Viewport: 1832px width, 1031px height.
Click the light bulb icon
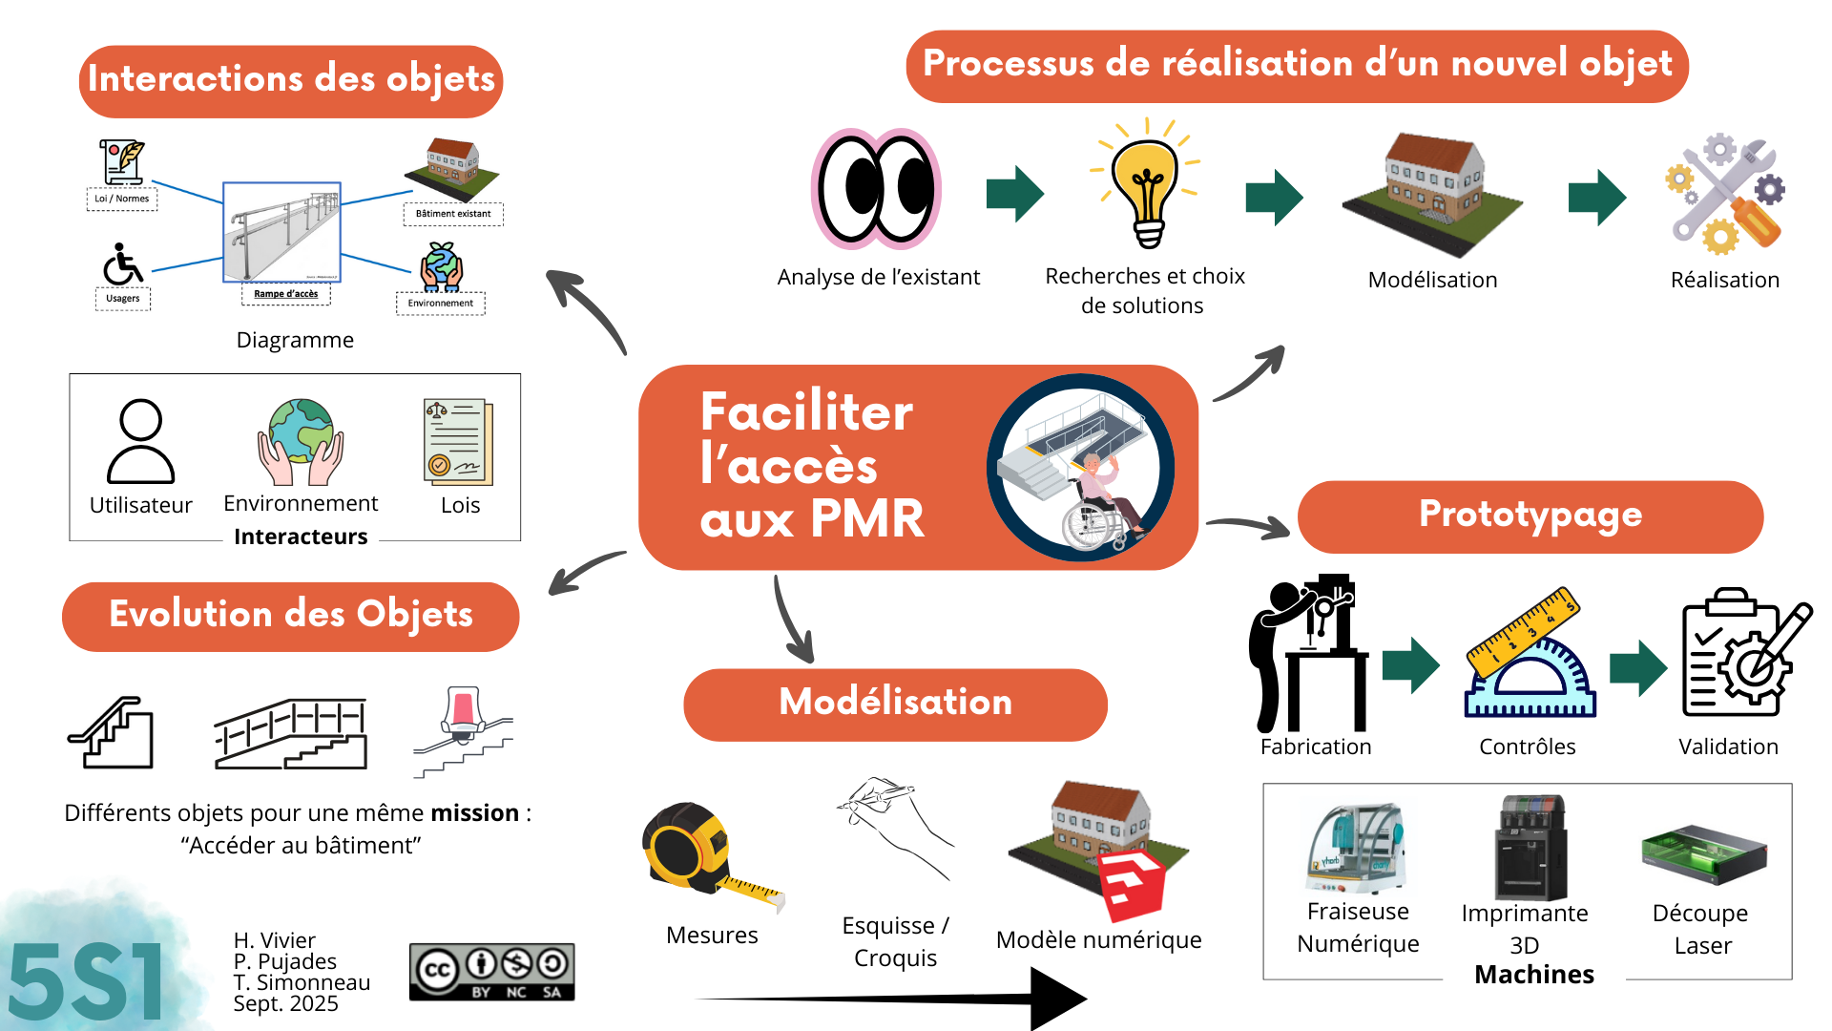pyautogui.click(x=1147, y=186)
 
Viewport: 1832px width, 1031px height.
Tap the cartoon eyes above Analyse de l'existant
pyautogui.click(x=877, y=188)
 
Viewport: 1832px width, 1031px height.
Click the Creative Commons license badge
pyautogui.click(x=491, y=972)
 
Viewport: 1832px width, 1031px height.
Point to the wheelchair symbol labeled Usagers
pyautogui.click(x=123, y=265)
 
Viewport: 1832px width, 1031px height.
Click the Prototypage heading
pyautogui.click(x=1530, y=515)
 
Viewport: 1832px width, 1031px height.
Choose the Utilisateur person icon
pyautogui.click(x=140, y=441)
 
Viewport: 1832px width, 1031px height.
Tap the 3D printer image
pyautogui.click(x=1530, y=848)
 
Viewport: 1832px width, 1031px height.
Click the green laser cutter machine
pyautogui.click(x=1704, y=853)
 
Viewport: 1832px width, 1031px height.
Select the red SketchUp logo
pyautogui.click(x=1132, y=883)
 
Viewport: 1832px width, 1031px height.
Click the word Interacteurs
pyautogui.click(x=301, y=537)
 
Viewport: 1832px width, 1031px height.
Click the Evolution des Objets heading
pyautogui.click(x=291, y=616)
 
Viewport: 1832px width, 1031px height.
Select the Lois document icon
pyautogui.click(x=459, y=442)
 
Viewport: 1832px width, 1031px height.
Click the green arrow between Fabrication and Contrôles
pyautogui.click(x=1410, y=664)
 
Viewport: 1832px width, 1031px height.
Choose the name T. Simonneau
pyautogui.click(x=302, y=982)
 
